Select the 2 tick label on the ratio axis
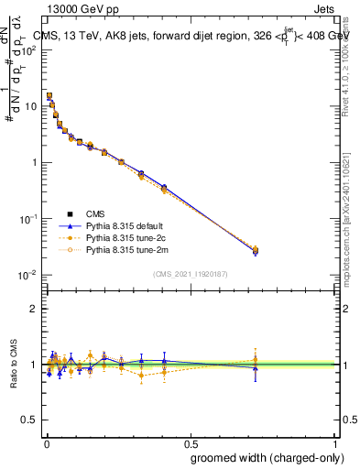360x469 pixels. point(34,309)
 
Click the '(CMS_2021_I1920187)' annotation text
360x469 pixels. point(190,273)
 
